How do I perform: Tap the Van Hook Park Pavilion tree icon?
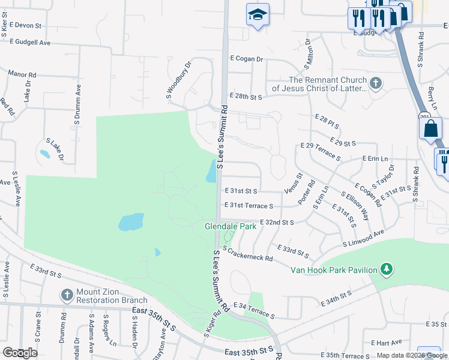(388, 268)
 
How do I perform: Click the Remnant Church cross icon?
(376, 83)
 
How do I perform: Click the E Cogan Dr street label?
(247, 59)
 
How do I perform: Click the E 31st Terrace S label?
(249, 206)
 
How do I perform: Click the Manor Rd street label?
(22, 75)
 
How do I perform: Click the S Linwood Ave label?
(363, 238)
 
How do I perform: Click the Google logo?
(19, 353)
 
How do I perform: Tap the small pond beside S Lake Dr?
(44, 154)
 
